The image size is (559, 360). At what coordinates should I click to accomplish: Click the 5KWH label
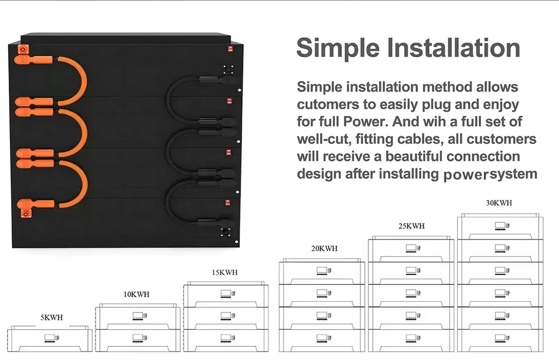(x=52, y=318)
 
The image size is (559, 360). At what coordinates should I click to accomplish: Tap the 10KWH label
(x=136, y=294)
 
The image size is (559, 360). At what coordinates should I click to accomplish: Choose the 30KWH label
(x=499, y=203)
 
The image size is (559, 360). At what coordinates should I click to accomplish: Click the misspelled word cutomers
(x=330, y=105)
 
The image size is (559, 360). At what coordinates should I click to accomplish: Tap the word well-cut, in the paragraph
(x=324, y=140)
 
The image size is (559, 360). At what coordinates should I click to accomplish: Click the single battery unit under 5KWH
(x=50, y=339)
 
